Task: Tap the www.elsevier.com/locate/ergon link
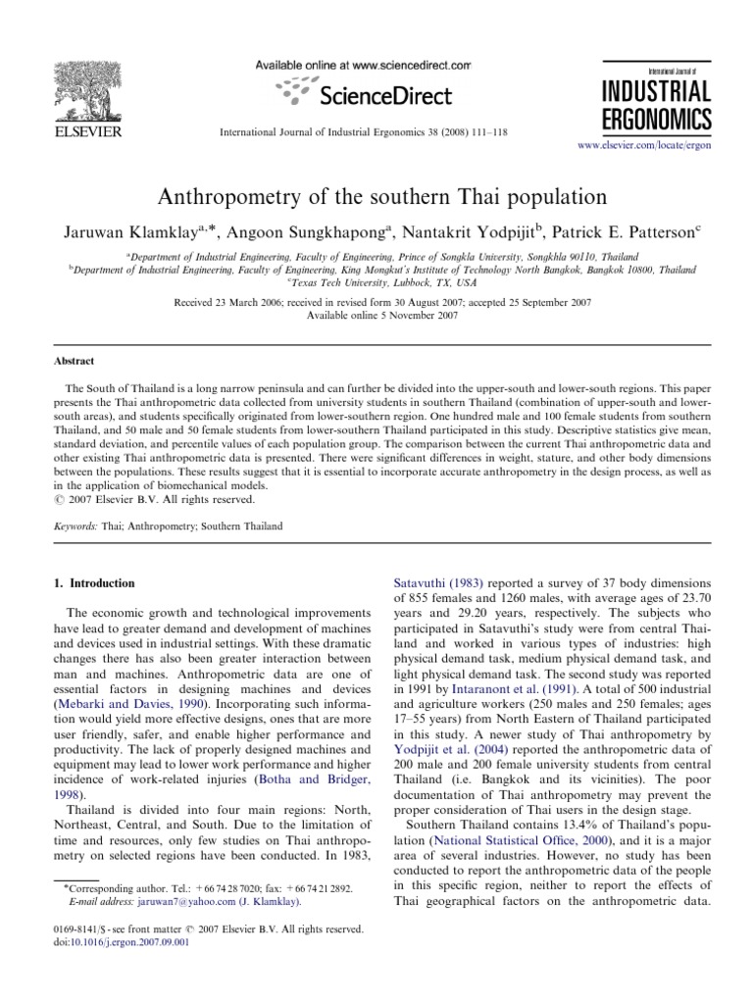643,143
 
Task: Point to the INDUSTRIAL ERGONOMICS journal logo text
658,106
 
